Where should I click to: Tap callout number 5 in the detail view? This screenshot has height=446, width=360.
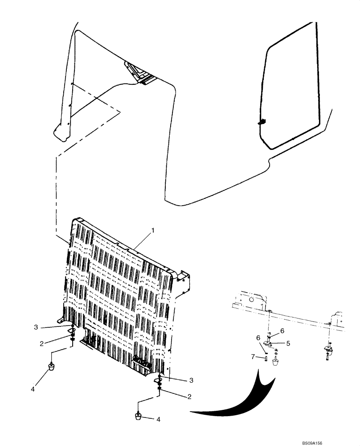coord(288,343)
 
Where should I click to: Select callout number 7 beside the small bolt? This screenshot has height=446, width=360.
coord(253,356)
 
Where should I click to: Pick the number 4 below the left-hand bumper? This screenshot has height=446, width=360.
coord(33,389)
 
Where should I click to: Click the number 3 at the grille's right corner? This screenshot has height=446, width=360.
coord(191,380)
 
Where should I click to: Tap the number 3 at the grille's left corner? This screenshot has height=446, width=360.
coord(36,328)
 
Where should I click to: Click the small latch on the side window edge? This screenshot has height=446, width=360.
coord(262,120)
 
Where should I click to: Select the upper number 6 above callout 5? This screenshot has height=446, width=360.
coord(282,330)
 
